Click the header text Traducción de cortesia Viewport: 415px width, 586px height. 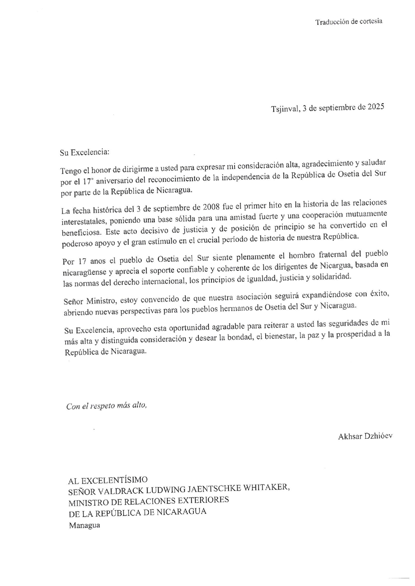click(349, 22)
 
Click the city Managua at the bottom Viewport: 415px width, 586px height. click(85, 525)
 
